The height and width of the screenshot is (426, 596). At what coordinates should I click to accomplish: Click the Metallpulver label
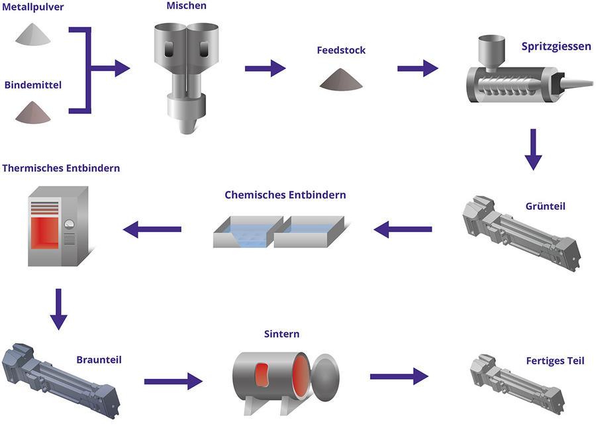[32, 7]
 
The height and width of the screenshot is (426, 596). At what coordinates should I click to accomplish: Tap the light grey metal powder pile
[33, 34]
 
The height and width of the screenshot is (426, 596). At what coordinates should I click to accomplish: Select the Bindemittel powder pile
[33, 113]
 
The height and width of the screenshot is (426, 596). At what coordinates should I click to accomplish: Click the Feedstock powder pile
[341, 80]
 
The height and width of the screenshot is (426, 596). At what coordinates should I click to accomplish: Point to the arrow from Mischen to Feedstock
[266, 68]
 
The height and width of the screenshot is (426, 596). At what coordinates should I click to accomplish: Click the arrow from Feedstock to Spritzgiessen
[418, 68]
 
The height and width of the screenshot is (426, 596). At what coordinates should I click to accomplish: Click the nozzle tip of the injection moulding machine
[591, 83]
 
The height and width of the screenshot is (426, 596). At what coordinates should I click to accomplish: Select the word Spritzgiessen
[556, 47]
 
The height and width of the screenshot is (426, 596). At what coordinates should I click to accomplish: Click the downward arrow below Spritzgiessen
[533, 150]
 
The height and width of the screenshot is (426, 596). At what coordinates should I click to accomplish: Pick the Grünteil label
[546, 206]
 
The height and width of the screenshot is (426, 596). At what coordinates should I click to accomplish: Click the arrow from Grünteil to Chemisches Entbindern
[403, 229]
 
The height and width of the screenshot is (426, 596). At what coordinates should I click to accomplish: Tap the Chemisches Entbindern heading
[285, 195]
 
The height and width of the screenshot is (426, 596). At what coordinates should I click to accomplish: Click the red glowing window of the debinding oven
[45, 233]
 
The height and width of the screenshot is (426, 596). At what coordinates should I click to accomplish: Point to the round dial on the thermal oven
[69, 224]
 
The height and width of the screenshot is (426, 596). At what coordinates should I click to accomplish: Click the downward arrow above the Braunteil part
[58, 309]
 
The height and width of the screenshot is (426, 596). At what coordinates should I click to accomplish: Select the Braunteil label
[99, 360]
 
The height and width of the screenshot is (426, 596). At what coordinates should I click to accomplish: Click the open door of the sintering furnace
[325, 378]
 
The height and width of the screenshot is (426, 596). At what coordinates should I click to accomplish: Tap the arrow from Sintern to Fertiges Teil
[399, 376]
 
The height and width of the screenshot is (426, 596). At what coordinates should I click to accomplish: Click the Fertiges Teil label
[555, 360]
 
